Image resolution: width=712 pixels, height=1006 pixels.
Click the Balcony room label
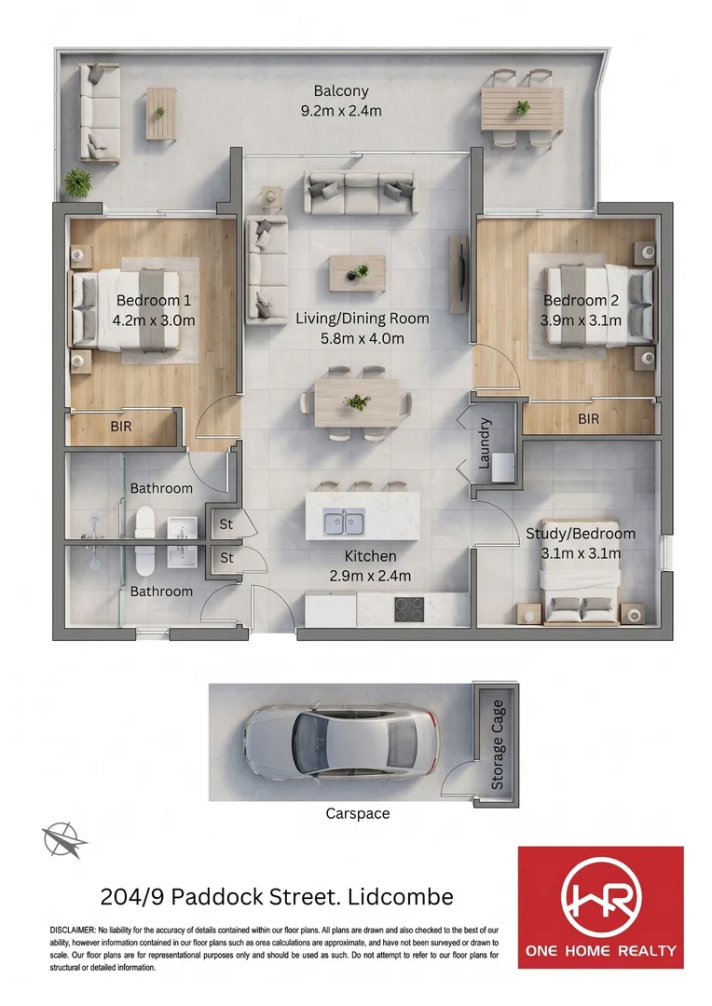coord(341,91)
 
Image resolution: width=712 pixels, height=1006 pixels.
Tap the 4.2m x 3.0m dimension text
coord(154,320)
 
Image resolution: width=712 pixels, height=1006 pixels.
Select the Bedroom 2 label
coord(581,300)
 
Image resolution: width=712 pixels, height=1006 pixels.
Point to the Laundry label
coord(485,442)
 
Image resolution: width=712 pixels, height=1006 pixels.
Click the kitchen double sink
coord(344,523)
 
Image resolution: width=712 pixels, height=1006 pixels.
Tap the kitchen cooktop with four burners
coord(409,609)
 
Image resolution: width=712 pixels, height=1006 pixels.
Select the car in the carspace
coord(341,741)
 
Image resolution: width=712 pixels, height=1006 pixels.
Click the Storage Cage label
coord(498,744)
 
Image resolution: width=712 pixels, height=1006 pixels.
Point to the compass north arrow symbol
coord(64,840)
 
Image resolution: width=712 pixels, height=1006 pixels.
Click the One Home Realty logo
coord(601,907)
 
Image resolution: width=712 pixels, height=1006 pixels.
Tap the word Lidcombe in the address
coord(401,896)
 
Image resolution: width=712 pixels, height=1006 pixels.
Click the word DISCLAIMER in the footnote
coord(72,930)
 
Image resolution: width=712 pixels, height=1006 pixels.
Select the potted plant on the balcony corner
coord(77,183)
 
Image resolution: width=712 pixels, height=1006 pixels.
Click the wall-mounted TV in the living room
coord(459,274)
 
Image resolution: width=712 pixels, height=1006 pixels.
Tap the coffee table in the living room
coord(357,273)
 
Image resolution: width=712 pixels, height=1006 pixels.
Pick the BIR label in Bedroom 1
coord(121,426)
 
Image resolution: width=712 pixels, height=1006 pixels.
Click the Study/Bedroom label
coord(581,534)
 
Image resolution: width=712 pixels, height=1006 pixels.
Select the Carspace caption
coord(358,813)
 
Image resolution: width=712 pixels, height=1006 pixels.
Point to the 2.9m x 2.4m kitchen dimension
coord(371,577)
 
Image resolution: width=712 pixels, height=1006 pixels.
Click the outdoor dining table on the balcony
coord(522,109)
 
